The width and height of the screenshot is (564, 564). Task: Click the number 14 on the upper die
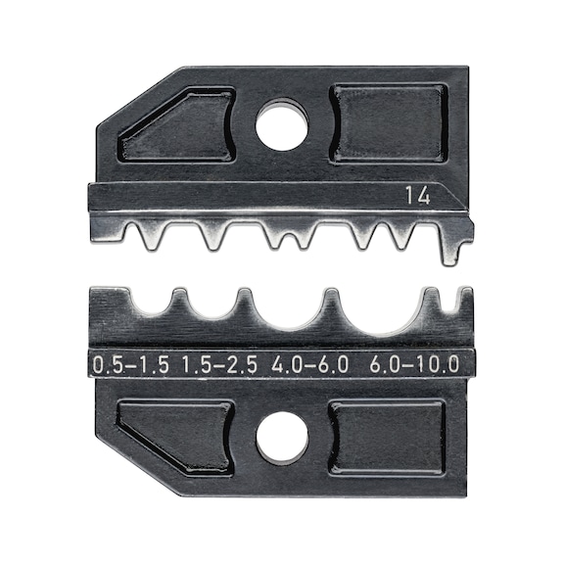(419, 196)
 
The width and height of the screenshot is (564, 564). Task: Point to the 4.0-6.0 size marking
(311, 365)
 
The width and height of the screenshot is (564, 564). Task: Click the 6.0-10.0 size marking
(415, 365)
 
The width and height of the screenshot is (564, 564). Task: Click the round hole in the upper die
(282, 127)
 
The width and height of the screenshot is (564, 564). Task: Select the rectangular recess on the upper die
(389, 121)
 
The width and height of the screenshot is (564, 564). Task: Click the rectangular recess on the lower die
(387, 437)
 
